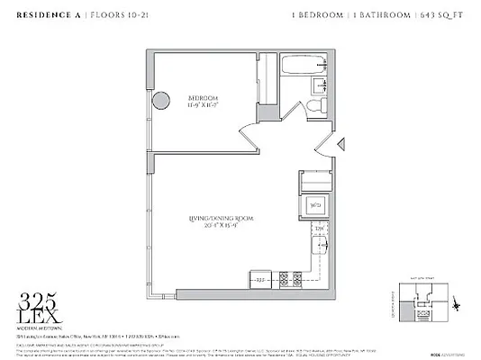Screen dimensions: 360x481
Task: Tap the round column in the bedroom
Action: (x=159, y=100)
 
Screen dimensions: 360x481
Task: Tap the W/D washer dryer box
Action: (x=314, y=203)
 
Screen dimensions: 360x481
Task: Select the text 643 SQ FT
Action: (x=440, y=15)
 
